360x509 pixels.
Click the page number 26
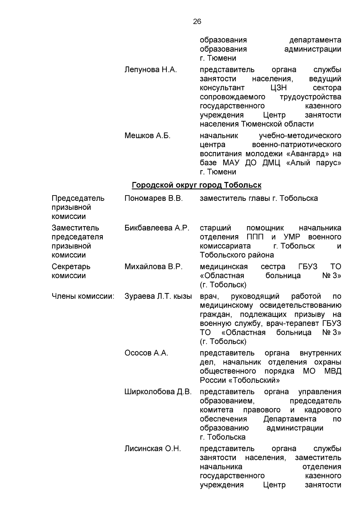click(x=197, y=22)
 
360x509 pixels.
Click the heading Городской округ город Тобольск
click(x=196, y=185)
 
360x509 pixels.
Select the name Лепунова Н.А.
click(x=151, y=70)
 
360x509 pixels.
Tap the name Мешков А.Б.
click(x=147, y=136)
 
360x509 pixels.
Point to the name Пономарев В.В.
click(x=153, y=199)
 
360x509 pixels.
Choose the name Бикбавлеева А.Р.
click(x=157, y=228)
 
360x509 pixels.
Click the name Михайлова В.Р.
click(x=153, y=267)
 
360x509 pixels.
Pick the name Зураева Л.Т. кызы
click(x=158, y=296)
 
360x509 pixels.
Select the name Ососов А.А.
click(x=146, y=353)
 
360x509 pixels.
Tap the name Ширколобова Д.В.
click(x=158, y=392)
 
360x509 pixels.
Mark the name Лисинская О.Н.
click(x=153, y=449)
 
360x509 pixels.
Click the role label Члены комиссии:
click(x=83, y=296)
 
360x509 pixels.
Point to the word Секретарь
click(x=71, y=267)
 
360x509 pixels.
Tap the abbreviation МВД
click(x=333, y=371)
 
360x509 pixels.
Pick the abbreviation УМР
click(x=292, y=237)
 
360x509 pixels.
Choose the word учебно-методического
click(x=300, y=136)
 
